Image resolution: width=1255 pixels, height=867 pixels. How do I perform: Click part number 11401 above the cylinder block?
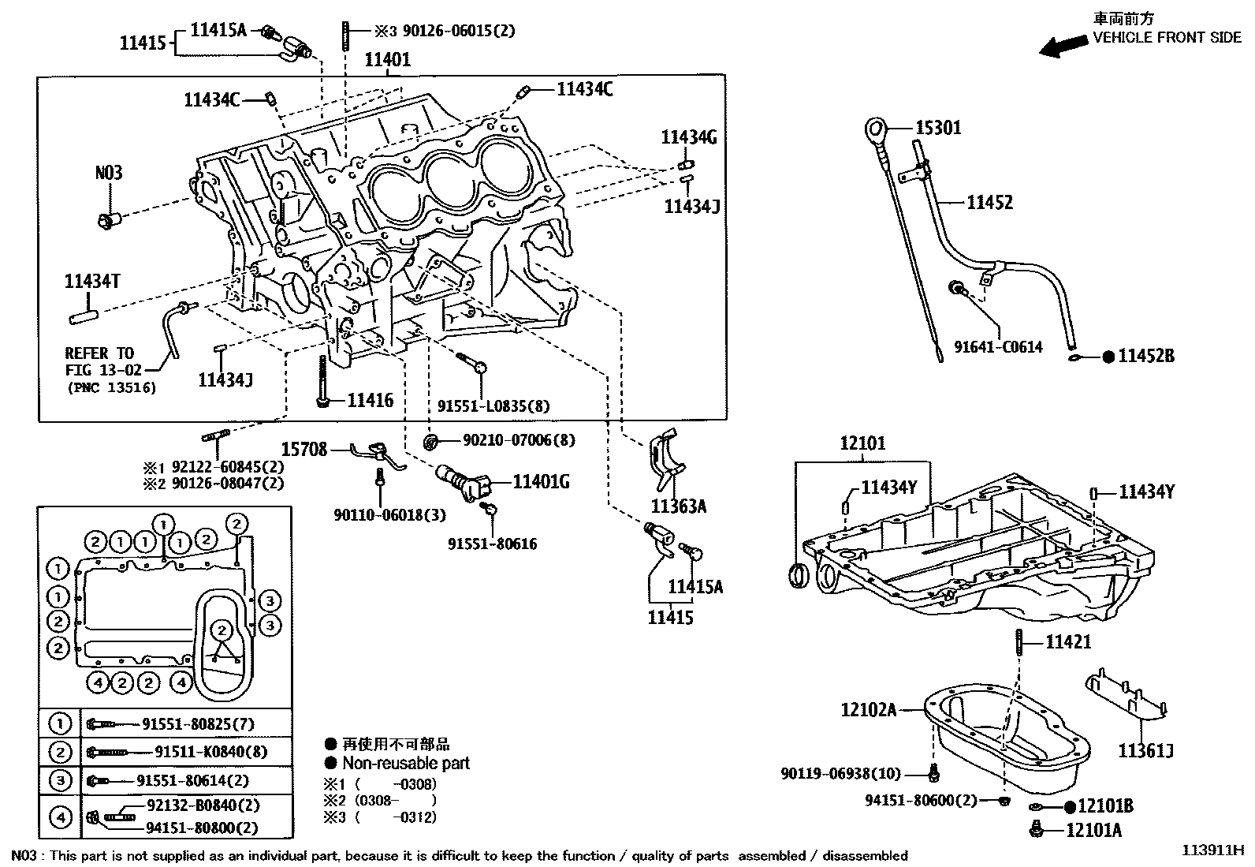pyautogui.click(x=387, y=59)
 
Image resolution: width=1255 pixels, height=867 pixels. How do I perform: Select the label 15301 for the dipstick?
pyautogui.click(x=937, y=128)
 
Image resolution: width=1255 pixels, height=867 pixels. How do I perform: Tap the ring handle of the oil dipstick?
pyautogui.click(x=875, y=128)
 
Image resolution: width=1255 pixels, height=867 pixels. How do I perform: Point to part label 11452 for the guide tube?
pyautogui.click(x=989, y=203)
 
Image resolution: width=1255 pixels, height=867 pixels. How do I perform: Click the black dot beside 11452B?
pyautogui.click(x=1108, y=357)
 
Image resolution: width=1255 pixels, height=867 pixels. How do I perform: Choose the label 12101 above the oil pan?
pyautogui.click(x=862, y=443)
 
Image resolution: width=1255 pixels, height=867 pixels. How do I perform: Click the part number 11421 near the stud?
pyautogui.click(x=1068, y=642)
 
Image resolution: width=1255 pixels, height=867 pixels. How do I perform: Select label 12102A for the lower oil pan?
pyautogui.click(x=868, y=710)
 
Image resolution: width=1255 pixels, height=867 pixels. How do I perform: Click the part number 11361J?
pyautogui.click(x=1145, y=750)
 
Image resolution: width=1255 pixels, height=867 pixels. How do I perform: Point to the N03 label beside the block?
pyautogui.click(x=109, y=172)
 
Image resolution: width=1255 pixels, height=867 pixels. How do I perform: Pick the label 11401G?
pyautogui.click(x=541, y=481)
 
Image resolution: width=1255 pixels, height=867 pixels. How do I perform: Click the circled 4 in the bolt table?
pyautogui.click(x=60, y=817)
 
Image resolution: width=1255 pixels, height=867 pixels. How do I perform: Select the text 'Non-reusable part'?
pyautogui.click(x=406, y=763)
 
